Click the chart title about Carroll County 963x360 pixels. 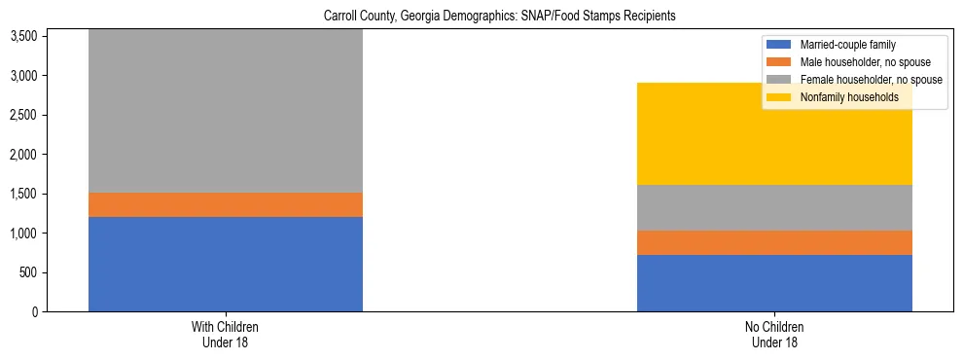481,17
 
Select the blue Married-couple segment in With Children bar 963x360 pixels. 226,264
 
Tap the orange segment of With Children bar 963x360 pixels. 226,204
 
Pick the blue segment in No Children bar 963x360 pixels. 774,283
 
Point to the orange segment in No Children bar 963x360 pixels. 774,243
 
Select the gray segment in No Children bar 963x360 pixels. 774,208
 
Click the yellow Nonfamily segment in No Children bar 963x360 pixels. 774,134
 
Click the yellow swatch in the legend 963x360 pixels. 779,97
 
